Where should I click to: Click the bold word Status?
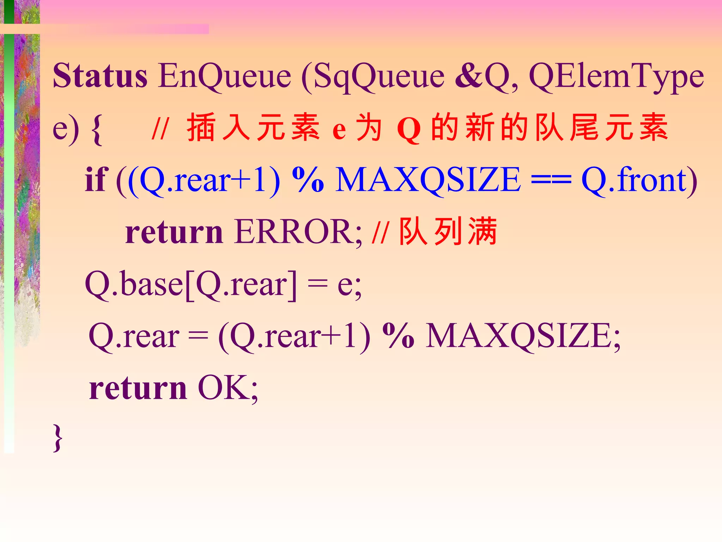coord(100,76)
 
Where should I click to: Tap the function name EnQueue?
coord(225,76)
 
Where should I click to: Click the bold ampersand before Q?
coord(469,76)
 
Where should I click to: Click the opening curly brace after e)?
coord(97,129)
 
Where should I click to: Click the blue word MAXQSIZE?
coord(428,180)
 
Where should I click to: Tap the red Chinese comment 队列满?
coord(448,231)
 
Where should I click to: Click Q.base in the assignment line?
coord(134,284)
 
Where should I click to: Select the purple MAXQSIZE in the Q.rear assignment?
coord(518,336)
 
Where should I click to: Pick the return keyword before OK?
coord(138,388)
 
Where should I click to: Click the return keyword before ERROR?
coord(174,232)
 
